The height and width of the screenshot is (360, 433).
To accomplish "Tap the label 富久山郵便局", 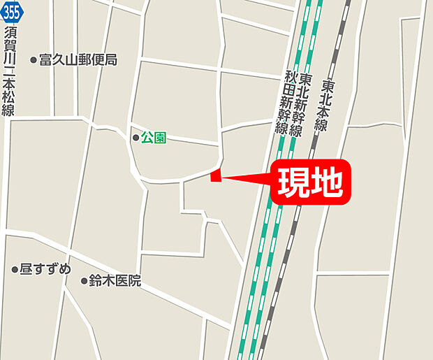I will coord(78,60).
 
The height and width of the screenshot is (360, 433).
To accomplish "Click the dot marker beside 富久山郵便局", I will coord(33,61).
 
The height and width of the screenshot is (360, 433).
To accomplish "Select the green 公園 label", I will coord(154,138).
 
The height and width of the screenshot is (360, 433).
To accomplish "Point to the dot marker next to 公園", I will coord(136,138).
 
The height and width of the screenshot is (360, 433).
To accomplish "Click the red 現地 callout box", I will coord(310,184).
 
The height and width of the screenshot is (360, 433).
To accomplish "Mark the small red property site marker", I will coord(216,176).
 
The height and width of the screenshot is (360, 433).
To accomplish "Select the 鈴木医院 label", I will coord(115,281).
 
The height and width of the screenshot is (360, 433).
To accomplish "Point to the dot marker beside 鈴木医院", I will coord(84,282).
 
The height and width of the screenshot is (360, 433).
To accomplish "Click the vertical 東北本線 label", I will coord(328,105).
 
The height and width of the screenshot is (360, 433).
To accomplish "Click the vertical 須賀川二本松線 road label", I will coord(10,70).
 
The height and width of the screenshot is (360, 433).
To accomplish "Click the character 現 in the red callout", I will coord(294,184).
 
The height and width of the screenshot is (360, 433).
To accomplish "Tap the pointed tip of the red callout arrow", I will coord(223,176).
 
